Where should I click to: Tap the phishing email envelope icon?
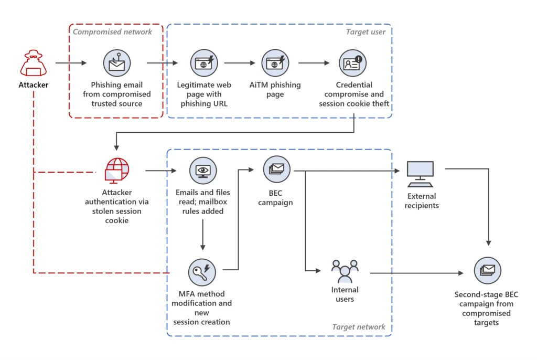coord(116,63)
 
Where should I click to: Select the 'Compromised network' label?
coord(112,32)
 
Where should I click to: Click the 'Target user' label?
coord(366,32)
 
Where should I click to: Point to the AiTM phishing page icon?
coord(275,63)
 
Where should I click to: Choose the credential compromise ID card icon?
coord(352,63)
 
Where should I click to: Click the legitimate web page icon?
coord(202,63)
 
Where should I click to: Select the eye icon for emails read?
coord(202,171)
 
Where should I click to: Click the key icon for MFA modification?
coord(202,271)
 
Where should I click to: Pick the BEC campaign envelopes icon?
coord(276,169)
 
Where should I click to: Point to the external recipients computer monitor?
coord(421,174)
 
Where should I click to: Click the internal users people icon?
coord(345,271)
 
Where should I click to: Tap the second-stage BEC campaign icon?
coord(487,271)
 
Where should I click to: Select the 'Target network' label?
coord(359,327)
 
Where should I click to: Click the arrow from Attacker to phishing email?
coord(71,63)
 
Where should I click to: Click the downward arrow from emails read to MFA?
coord(202,235)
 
